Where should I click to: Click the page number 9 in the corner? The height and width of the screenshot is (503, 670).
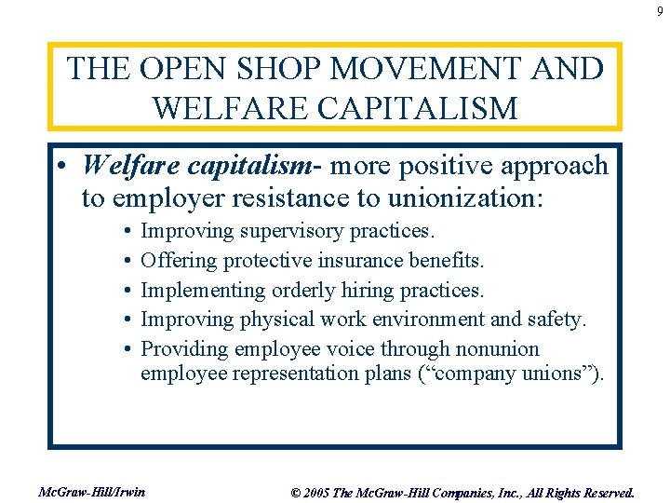click(x=659, y=11)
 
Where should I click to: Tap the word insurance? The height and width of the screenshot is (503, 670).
click(x=365, y=260)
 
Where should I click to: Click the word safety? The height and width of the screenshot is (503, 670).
click(x=558, y=319)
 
